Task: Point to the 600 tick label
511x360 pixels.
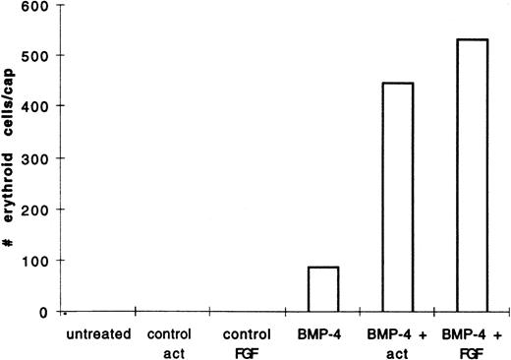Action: [x=33, y=7]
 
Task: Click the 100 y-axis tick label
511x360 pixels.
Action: [x=33, y=261]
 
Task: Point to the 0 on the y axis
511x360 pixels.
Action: [x=42, y=313]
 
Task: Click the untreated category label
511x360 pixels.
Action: [x=98, y=334]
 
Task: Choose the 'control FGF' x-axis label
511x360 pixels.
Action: [x=246, y=341]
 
